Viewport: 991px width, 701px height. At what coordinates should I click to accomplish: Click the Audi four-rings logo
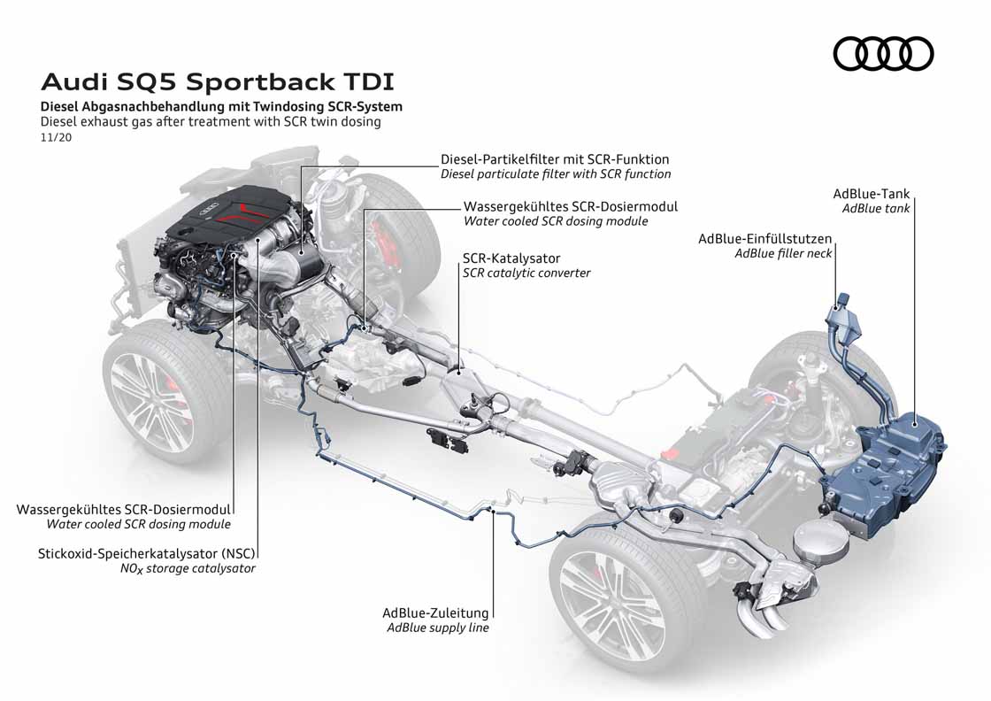click(883, 53)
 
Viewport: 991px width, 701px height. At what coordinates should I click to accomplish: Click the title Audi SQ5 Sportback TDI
click(218, 82)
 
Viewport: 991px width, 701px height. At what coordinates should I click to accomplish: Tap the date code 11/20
click(55, 137)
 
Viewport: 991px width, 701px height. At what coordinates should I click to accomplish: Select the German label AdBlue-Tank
click(871, 194)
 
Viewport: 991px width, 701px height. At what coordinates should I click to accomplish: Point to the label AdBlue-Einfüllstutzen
click(764, 238)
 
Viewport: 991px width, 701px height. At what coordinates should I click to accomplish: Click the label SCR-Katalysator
click(511, 258)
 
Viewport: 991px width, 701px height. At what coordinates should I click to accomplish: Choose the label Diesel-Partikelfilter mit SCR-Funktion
click(555, 159)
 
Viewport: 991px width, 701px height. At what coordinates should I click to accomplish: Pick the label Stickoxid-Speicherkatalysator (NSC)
click(146, 553)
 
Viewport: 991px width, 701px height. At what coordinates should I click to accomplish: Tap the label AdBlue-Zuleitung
click(434, 612)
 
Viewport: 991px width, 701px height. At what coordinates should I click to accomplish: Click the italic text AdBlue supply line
click(437, 628)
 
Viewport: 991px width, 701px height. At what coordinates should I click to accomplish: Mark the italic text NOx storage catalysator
click(188, 568)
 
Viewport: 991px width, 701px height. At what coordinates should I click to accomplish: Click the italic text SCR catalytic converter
click(526, 273)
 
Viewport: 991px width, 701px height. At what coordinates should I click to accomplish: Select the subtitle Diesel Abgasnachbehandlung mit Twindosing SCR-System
click(221, 106)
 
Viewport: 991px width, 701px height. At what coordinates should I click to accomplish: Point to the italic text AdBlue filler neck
click(783, 253)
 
